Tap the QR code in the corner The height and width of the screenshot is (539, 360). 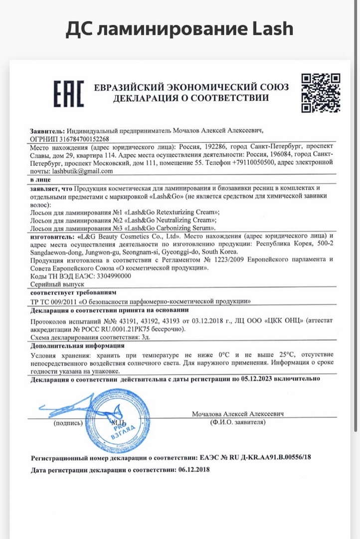coord(321,93)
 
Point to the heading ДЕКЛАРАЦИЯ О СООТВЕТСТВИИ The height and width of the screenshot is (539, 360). coord(191,98)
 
